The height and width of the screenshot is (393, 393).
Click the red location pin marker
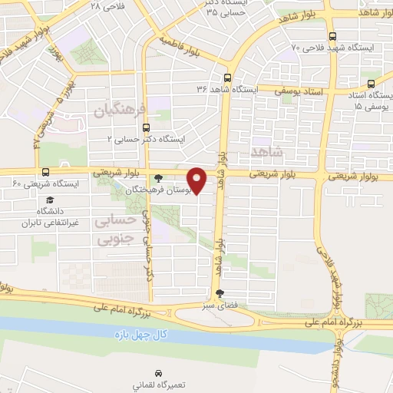(x=197, y=180)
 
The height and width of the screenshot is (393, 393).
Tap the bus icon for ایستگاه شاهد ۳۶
(x=226, y=78)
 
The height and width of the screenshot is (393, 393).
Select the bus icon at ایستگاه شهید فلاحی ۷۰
(x=332, y=35)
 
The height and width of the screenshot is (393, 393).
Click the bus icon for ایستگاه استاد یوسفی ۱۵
(x=371, y=84)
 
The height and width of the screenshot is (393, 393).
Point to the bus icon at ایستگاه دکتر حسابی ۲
(x=147, y=128)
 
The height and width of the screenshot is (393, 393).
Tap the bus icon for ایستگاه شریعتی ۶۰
(x=45, y=172)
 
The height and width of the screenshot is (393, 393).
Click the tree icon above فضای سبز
(x=221, y=292)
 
